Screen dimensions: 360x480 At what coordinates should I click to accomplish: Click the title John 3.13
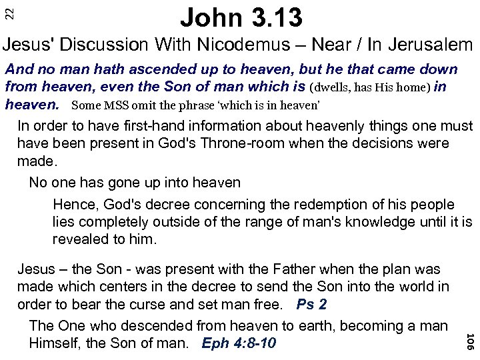[239, 17]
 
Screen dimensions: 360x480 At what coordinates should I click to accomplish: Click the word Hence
[72, 205]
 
